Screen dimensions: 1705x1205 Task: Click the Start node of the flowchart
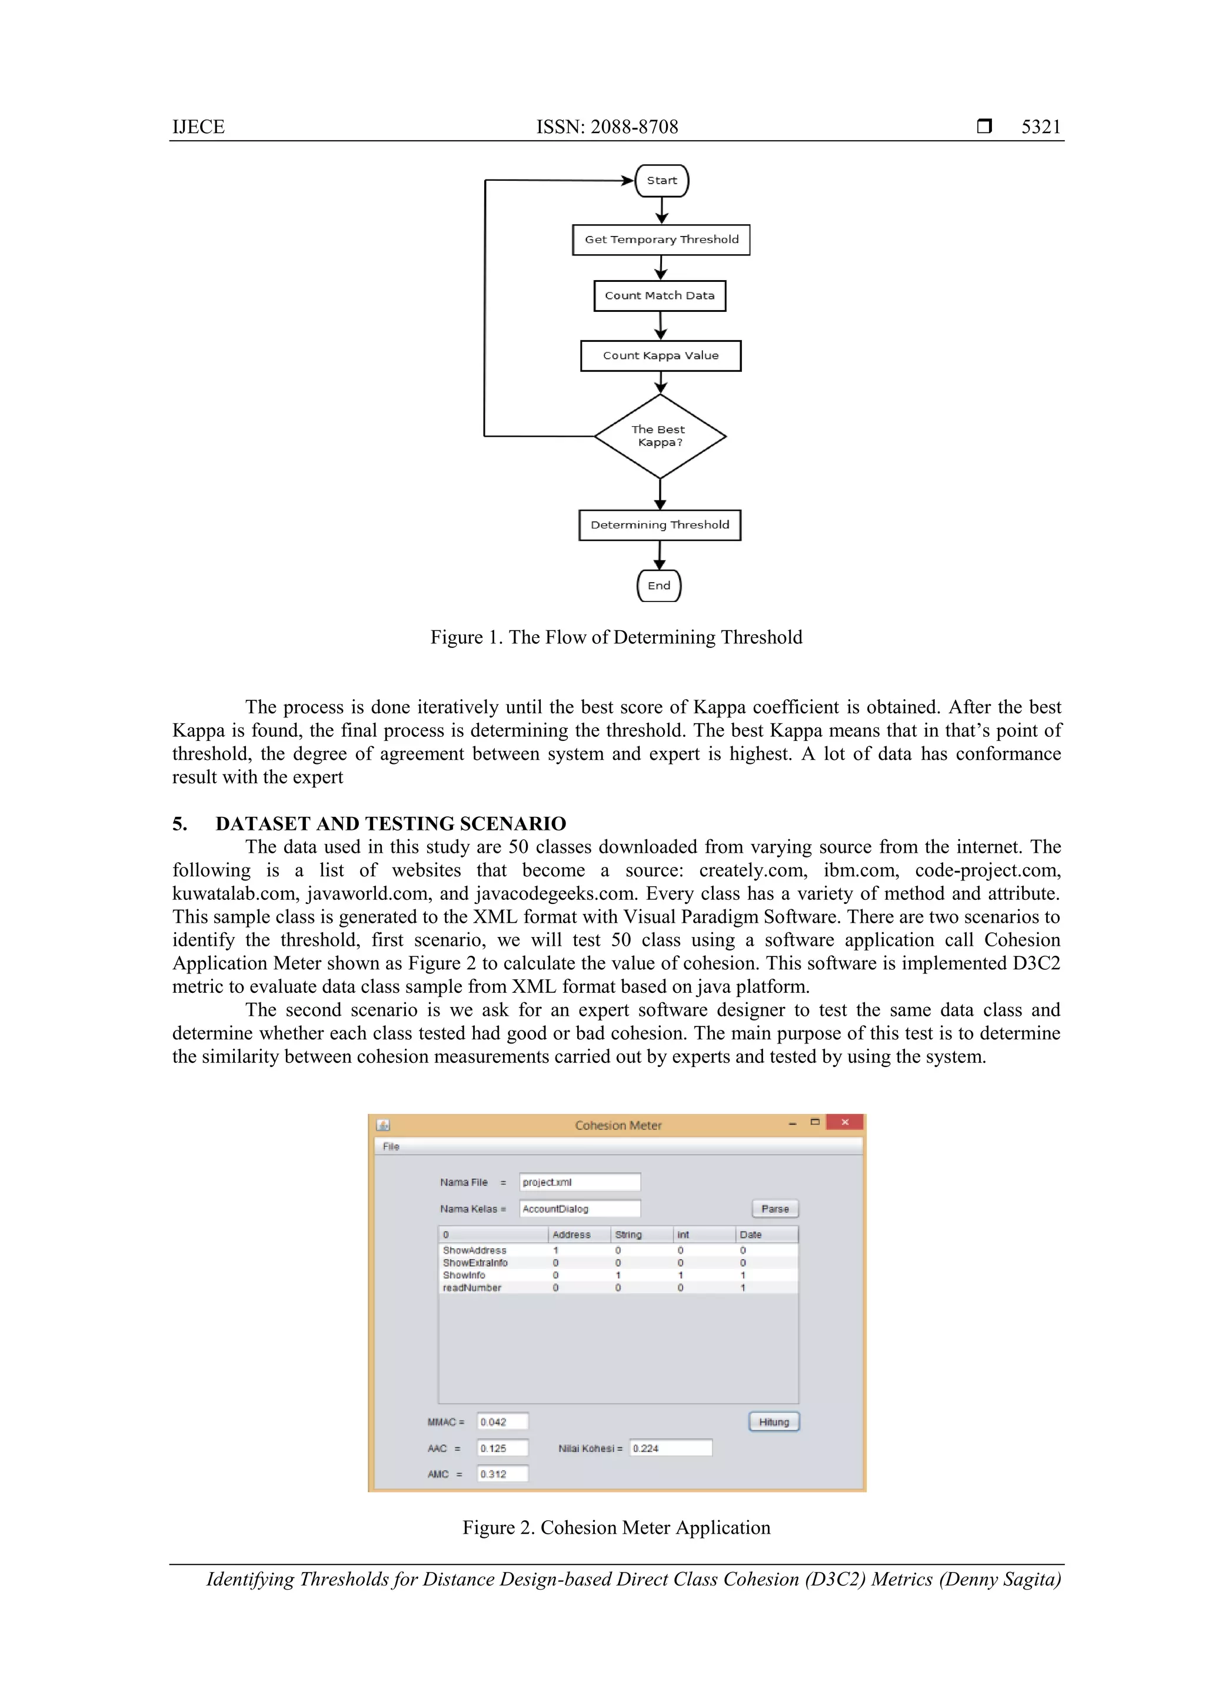click(x=661, y=181)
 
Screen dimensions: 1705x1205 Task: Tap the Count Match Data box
click(x=660, y=295)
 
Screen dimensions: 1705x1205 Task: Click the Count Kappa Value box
click(x=660, y=355)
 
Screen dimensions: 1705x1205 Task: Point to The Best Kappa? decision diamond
click(x=660, y=436)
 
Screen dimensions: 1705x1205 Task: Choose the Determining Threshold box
click(x=660, y=525)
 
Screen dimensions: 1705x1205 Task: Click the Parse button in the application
click(x=774, y=1209)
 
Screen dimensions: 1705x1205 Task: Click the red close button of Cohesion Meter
click(x=844, y=1122)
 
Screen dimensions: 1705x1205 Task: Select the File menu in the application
click(x=391, y=1146)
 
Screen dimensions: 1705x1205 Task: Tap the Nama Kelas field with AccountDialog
click(x=579, y=1209)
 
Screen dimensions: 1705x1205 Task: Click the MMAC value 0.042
click(x=502, y=1422)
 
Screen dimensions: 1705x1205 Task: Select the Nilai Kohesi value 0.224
click(x=670, y=1448)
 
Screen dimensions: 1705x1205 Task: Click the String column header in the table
click(x=628, y=1234)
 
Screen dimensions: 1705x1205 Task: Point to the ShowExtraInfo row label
click(x=475, y=1262)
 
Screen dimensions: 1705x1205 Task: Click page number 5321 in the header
click(x=1041, y=127)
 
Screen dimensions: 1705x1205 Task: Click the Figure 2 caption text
click(x=616, y=1527)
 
